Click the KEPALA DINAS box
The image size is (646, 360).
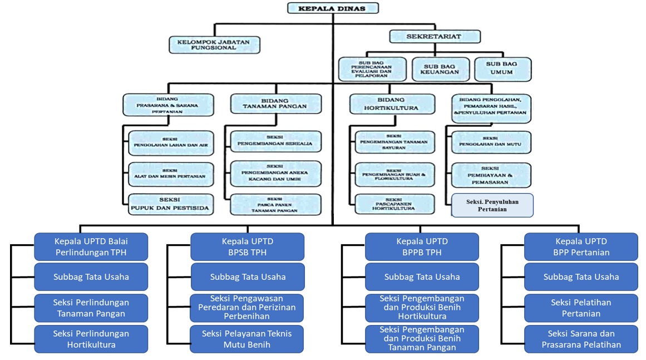(333, 8)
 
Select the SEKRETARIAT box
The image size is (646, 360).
(435, 37)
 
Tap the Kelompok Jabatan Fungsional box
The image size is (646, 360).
(214, 45)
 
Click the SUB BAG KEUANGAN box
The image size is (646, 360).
(440, 70)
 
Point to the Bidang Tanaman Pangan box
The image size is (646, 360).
(275, 103)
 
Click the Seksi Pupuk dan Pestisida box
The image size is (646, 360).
(170, 205)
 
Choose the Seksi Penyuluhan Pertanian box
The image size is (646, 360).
(492, 205)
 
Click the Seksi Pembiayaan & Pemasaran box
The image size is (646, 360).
(490, 175)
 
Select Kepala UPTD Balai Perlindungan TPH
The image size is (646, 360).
(91, 246)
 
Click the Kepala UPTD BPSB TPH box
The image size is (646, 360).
(247, 246)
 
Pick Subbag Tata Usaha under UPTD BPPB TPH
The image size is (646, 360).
(422, 277)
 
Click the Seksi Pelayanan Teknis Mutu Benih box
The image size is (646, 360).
(247, 339)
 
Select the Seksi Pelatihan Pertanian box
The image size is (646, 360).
(581, 308)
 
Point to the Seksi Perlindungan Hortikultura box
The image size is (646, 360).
(91, 339)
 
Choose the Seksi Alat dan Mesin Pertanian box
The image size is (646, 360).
(170, 173)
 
